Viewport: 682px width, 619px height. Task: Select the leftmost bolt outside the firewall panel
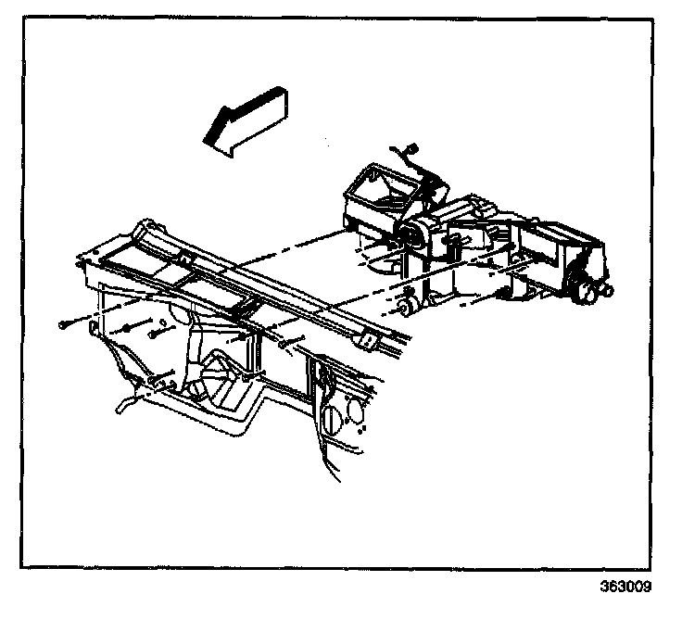click(62, 324)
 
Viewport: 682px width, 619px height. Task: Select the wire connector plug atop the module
click(412, 148)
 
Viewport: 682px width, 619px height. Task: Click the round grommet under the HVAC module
click(406, 304)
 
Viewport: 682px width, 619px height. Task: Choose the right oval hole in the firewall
click(355, 410)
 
